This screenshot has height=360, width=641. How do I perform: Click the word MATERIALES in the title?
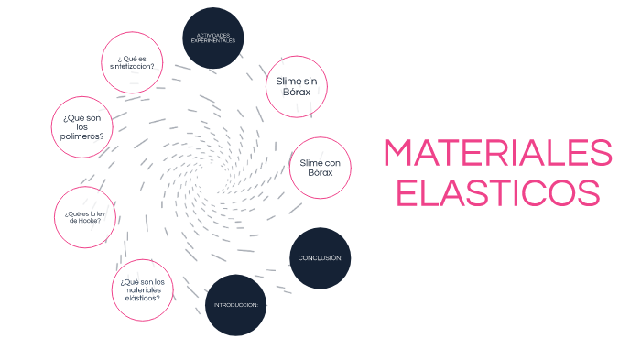[497, 153]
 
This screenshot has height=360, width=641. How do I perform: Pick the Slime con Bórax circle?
[320, 168]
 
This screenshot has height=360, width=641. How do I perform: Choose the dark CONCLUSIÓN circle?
[320, 257]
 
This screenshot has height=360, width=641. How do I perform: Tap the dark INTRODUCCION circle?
[235, 304]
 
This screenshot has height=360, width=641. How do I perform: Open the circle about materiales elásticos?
[142, 289]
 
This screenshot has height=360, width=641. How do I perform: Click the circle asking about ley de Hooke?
[85, 217]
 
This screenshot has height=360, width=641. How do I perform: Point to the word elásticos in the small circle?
[142, 298]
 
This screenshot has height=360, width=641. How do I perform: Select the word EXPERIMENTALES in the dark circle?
[213, 42]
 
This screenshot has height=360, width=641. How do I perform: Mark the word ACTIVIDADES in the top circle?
[213, 36]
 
